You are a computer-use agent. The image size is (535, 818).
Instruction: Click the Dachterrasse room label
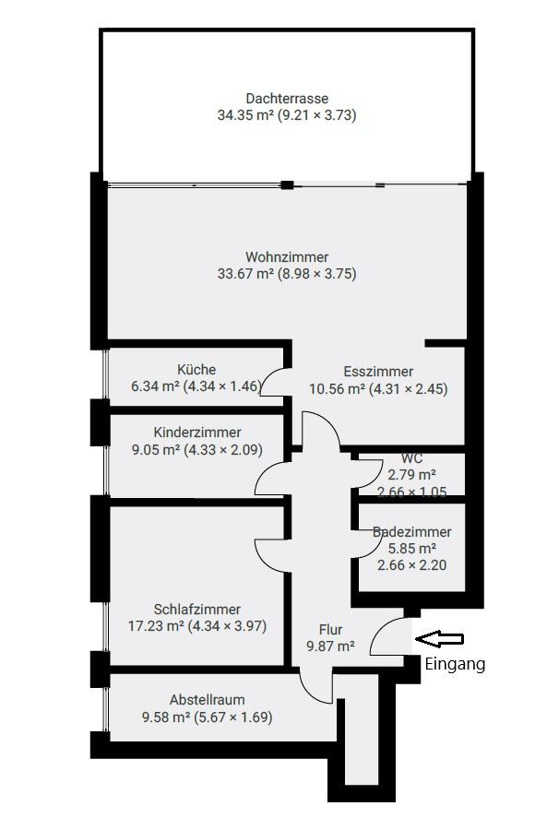(x=287, y=99)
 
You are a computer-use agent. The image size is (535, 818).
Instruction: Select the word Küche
(x=196, y=370)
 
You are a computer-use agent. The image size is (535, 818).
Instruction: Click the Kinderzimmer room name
(x=197, y=433)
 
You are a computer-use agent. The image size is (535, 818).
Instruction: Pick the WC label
(x=411, y=458)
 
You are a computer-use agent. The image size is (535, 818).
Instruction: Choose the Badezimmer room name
(x=412, y=532)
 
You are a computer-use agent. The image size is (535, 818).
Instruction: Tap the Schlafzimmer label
(x=197, y=610)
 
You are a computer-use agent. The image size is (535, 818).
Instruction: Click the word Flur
(x=330, y=630)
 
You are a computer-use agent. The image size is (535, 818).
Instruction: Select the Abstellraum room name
(x=207, y=700)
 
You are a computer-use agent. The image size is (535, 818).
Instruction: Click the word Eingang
(x=455, y=663)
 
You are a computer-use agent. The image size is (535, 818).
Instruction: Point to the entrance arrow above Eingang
(x=439, y=638)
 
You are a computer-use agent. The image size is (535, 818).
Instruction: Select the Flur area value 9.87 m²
(x=330, y=647)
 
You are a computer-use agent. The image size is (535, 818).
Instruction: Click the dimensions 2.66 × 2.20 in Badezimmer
(x=412, y=564)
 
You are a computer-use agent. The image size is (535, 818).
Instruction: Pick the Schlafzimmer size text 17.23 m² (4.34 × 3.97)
(x=197, y=626)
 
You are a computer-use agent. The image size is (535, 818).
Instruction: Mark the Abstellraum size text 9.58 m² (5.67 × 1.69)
(x=207, y=717)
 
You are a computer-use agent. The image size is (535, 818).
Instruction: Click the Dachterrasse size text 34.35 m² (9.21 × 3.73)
(x=287, y=115)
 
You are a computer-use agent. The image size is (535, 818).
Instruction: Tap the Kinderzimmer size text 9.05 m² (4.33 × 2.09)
(x=197, y=450)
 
